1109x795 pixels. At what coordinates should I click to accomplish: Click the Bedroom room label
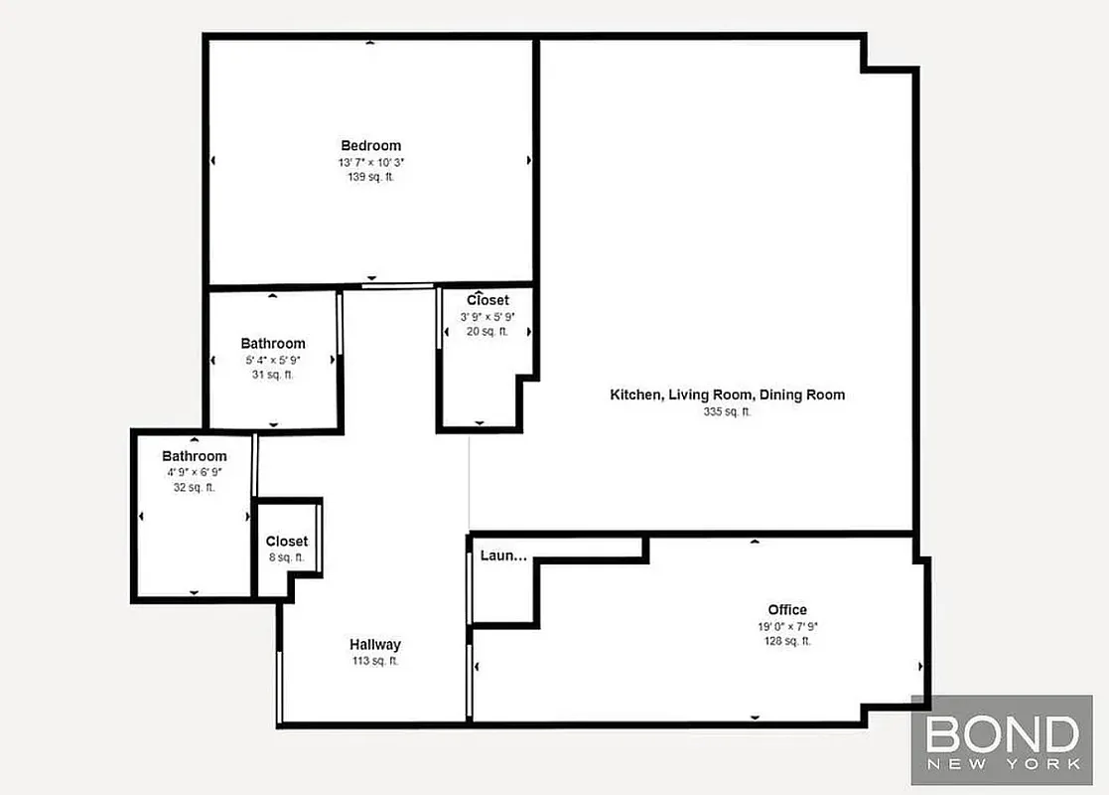(x=370, y=145)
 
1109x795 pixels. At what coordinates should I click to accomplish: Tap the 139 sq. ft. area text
(x=370, y=177)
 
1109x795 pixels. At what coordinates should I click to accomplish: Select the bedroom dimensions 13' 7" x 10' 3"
(x=370, y=162)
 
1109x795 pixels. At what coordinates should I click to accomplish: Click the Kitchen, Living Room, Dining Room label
(x=727, y=395)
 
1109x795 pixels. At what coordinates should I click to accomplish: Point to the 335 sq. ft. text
(x=727, y=411)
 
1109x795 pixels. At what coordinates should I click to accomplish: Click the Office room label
(x=786, y=609)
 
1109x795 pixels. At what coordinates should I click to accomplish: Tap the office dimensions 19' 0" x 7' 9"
(x=786, y=627)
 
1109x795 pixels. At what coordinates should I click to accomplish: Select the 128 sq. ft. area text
(x=786, y=642)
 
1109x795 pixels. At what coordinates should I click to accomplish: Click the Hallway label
(x=374, y=644)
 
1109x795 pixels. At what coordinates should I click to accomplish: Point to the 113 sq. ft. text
(x=374, y=661)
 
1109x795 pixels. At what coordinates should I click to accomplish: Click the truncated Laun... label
(x=503, y=556)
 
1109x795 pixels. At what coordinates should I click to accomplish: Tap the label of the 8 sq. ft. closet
(x=286, y=542)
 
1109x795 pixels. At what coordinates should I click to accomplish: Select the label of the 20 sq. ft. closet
(x=487, y=300)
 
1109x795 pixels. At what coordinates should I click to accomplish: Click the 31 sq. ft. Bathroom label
(x=273, y=344)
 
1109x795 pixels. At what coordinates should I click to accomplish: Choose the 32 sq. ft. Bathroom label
(x=195, y=456)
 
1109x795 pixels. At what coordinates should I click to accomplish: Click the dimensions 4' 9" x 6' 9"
(x=195, y=473)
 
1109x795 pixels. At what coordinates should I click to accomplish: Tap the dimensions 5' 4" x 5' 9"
(x=273, y=361)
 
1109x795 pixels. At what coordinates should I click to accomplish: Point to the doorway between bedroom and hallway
(x=398, y=286)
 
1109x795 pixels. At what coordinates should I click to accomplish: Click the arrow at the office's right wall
(x=920, y=667)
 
